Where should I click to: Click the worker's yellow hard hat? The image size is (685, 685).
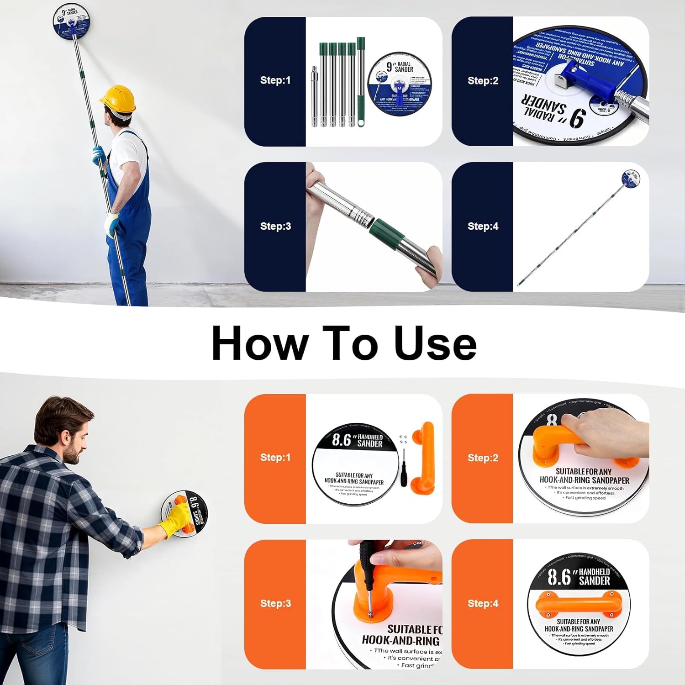pos(118,98)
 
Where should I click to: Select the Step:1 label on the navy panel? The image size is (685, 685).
pos(275,80)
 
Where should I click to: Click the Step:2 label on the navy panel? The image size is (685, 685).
pos(483,81)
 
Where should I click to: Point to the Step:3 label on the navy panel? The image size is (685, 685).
pos(275,226)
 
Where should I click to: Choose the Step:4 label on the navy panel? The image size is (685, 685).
pos(483,226)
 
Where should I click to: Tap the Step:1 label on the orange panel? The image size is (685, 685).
pos(275,458)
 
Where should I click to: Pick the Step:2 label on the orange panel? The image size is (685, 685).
pos(483,458)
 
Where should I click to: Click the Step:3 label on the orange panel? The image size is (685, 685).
pos(275,603)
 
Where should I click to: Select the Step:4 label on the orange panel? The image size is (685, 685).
pos(483,603)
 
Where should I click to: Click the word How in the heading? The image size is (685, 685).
pos(259,343)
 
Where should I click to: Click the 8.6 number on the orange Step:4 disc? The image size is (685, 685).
pos(559,577)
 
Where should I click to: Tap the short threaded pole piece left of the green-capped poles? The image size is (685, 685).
pos(314,96)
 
